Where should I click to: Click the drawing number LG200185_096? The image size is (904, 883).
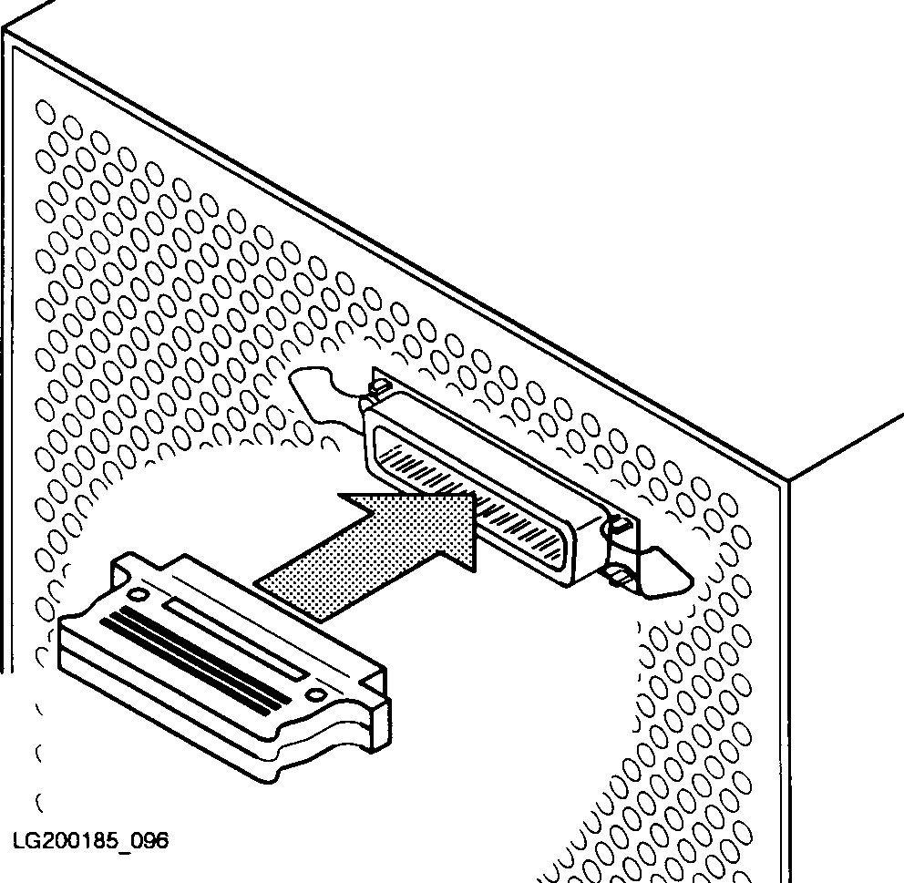(90, 841)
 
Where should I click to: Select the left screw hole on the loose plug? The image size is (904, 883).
(138, 594)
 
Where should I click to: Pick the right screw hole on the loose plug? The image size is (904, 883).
(316, 695)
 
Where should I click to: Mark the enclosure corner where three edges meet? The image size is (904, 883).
(787, 479)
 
